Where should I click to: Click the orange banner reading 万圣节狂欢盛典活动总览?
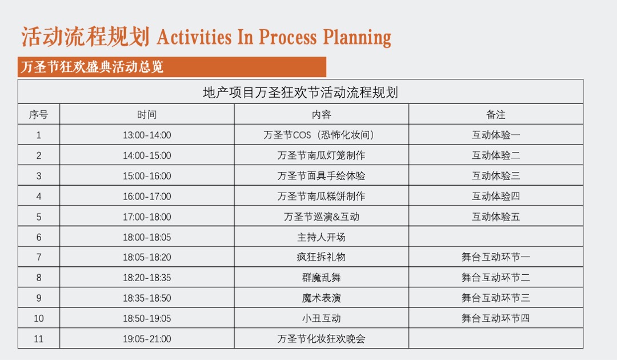171,67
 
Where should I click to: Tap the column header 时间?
147,115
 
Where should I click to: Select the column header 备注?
495,115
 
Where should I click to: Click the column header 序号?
38,115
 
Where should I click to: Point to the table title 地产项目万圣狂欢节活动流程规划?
300,93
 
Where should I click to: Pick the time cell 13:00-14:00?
147,135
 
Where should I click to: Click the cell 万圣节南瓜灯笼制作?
321,155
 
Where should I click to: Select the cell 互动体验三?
495,176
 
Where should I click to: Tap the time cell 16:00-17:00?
147,197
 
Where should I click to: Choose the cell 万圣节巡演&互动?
321,217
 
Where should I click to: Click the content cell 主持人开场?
321,237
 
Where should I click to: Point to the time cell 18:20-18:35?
147,278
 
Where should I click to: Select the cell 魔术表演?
321,298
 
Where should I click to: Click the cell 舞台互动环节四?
495,318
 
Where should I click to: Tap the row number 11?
38,339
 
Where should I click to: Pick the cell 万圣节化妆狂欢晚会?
321,339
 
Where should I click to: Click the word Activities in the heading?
194,37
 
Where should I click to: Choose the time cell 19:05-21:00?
147,339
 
